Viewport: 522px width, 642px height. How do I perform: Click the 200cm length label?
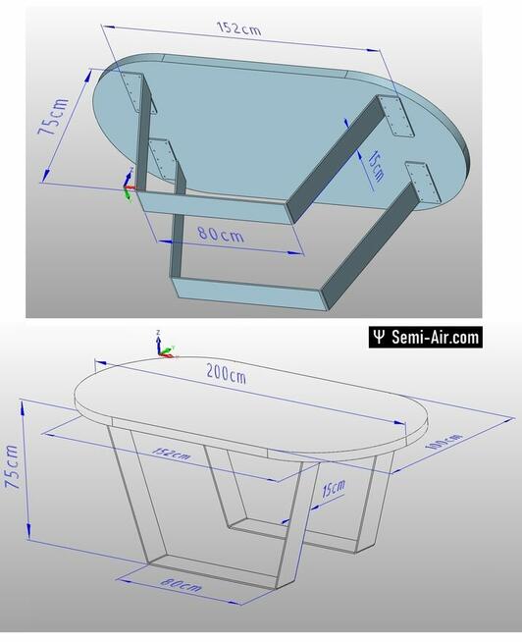[x=226, y=375]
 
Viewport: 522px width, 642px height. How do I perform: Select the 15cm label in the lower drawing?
[x=333, y=488]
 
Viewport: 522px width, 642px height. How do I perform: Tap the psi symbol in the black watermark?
[x=378, y=338]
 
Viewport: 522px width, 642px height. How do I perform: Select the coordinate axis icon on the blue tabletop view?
[x=129, y=184]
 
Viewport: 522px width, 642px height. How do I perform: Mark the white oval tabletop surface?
[x=245, y=402]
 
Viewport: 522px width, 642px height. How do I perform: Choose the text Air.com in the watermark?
[x=458, y=338]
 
